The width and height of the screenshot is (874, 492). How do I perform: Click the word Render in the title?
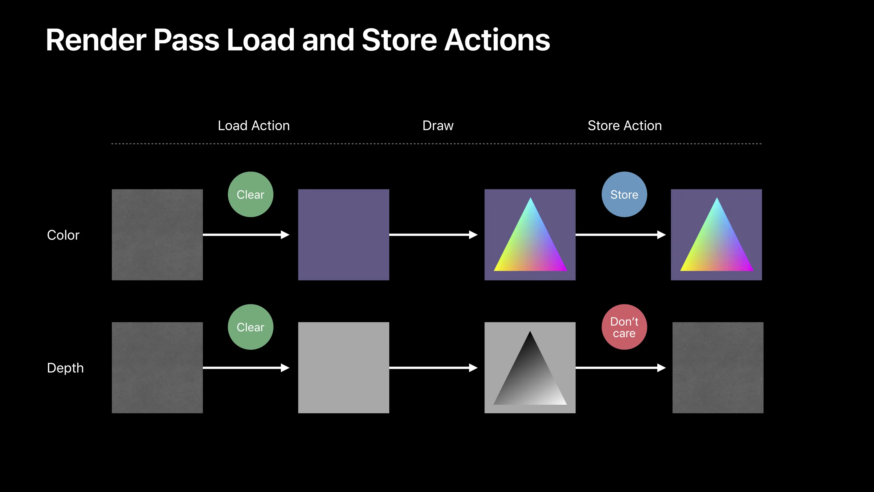tap(96, 40)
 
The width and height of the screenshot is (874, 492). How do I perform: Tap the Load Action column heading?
tap(254, 126)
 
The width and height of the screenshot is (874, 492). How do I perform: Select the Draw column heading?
tap(438, 126)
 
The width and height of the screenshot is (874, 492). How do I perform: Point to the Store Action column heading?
tap(625, 126)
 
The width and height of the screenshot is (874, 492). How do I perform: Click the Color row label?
tap(63, 235)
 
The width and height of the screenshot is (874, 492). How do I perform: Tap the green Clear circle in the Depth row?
tap(250, 327)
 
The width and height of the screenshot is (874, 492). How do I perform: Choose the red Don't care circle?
tap(624, 327)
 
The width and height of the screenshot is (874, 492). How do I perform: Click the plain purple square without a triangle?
tap(344, 235)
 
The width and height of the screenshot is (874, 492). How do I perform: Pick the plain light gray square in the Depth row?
tap(344, 368)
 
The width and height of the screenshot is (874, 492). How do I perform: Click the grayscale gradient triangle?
tap(530, 377)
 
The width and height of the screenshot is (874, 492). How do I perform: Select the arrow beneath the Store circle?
tap(621, 235)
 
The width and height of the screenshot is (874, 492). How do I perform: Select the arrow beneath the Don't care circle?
tap(621, 368)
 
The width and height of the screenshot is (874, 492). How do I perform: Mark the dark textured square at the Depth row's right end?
tap(718, 368)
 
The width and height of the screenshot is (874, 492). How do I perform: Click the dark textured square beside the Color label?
tap(158, 235)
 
